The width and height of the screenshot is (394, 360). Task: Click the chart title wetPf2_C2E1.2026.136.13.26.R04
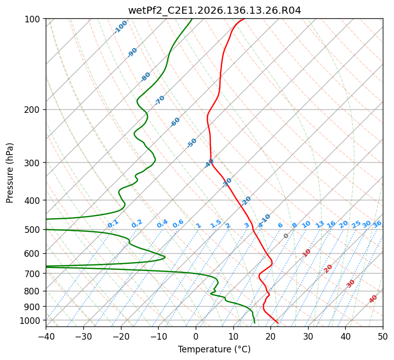[x=215, y=11]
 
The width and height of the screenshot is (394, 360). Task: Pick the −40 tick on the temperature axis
[x=46, y=336]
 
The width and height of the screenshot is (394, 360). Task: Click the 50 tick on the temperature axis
[x=383, y=336]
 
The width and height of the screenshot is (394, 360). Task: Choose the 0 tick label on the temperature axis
[x=196, y=336]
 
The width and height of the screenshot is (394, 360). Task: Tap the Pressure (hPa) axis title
[x=10, y=173]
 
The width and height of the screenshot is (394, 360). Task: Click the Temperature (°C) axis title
[x=215, y=349]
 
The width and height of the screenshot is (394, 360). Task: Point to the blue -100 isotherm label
[x=120, y=27]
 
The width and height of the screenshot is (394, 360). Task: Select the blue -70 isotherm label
[x=160, y=100]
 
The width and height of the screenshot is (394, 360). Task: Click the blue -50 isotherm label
[x=192, y=143]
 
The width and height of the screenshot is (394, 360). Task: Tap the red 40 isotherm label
[x=373, y=299]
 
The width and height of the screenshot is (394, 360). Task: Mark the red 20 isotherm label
[x=328, y=269]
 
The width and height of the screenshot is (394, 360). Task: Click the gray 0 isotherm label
[x=286, y=236]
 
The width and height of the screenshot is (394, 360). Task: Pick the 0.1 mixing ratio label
[x=113, y=224]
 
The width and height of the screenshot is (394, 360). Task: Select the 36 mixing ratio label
[x=377, y=224]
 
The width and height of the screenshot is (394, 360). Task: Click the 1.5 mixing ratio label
[x=216, y=224]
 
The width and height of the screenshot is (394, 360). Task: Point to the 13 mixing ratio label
[x=320, y=224]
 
